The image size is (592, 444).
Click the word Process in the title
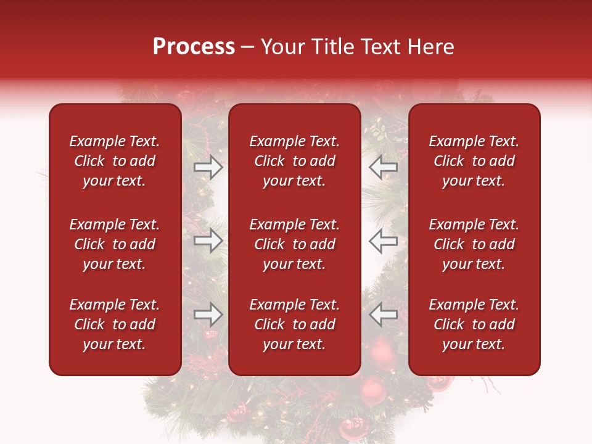click(194, 47)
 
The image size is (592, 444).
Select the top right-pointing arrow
click(208, 166)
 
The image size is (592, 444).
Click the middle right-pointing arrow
click(208, 240)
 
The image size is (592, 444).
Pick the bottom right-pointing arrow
click(208, 314)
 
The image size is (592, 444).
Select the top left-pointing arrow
click(383, 166)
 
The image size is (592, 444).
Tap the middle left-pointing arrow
click(383, 240)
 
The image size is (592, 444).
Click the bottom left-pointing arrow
click(383, 314)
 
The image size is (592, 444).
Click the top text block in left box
click(115, 161)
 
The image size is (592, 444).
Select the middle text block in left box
click(115, 244)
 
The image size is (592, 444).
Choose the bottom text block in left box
click(115, 324)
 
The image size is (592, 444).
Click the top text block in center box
click(294, 161)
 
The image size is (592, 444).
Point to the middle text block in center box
click(294, 244)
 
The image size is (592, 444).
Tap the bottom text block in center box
click(294, 324)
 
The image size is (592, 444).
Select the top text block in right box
click(474, 161)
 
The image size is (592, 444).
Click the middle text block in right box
click(474, 244)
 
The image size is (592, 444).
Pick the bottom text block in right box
click(474, 324)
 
